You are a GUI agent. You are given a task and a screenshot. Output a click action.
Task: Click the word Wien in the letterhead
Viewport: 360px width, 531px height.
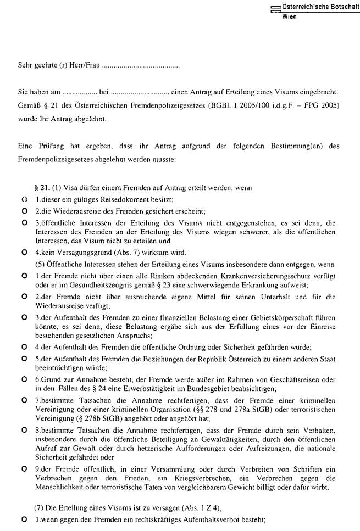[289, 16]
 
